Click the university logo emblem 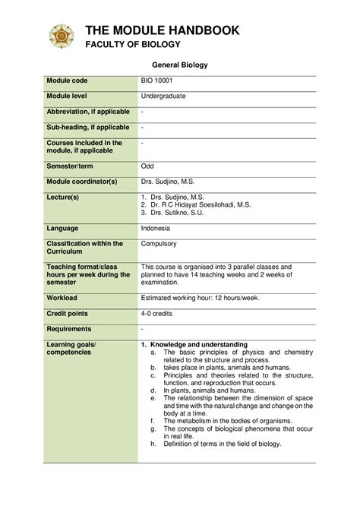click(62, 36)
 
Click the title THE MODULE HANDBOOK click(162, 30)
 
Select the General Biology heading click(180, 65)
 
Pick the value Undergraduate click(163, 96)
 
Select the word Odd click(147, 166)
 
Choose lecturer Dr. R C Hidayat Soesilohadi click(201, 205)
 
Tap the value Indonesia click(156, 228)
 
